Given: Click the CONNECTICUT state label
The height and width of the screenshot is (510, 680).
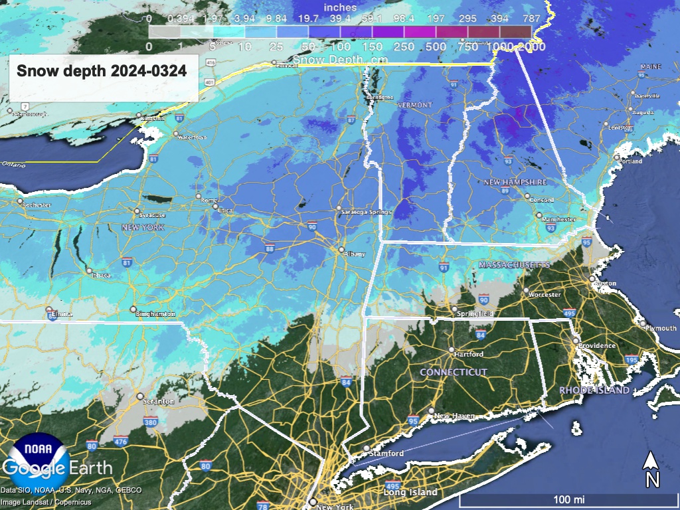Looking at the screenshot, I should [x=454, y=373].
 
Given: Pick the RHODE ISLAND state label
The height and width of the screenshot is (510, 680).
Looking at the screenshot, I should [x=594, y=390].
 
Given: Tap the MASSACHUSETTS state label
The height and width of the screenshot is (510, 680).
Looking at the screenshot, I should [x=515, y=264].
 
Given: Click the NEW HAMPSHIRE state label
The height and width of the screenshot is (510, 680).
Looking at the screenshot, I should [x=515, y=182].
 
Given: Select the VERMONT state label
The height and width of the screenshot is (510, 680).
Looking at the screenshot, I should [x=414, y=106].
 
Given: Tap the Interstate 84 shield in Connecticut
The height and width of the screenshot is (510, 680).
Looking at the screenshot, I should [x=480, y=335].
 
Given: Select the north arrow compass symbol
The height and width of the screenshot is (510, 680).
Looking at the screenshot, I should [x=652, y=468].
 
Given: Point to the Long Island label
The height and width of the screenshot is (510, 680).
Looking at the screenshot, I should [x=410, y=492].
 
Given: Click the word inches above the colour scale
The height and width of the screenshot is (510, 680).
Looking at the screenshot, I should [x=340, y=7].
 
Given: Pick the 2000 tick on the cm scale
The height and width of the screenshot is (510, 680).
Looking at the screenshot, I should [x=533, y=47].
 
